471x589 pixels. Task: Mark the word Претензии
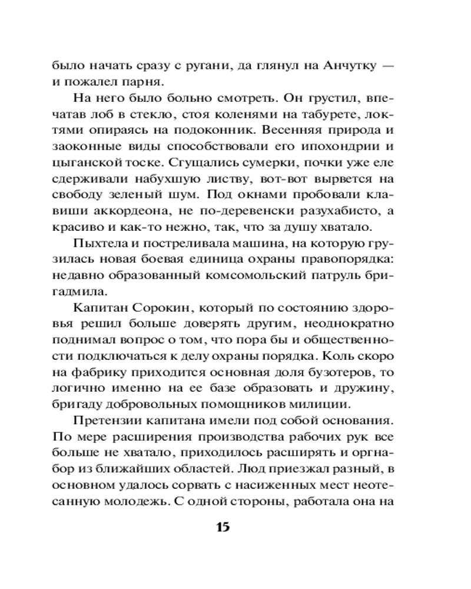pos(108,420)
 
